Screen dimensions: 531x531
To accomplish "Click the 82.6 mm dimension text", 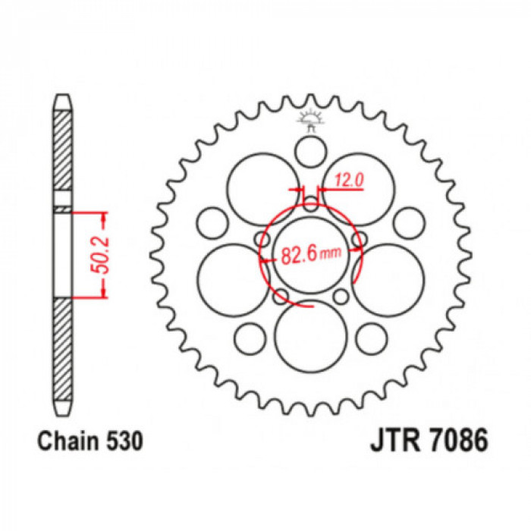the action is (311, 254).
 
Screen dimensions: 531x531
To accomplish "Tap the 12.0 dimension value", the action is (350, 180).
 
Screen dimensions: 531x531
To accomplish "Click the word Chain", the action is (69, 441).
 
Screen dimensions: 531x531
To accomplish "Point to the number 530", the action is (125, 441).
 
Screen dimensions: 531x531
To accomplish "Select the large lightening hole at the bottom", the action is (311, 336).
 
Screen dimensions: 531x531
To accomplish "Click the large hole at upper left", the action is (262, 190).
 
